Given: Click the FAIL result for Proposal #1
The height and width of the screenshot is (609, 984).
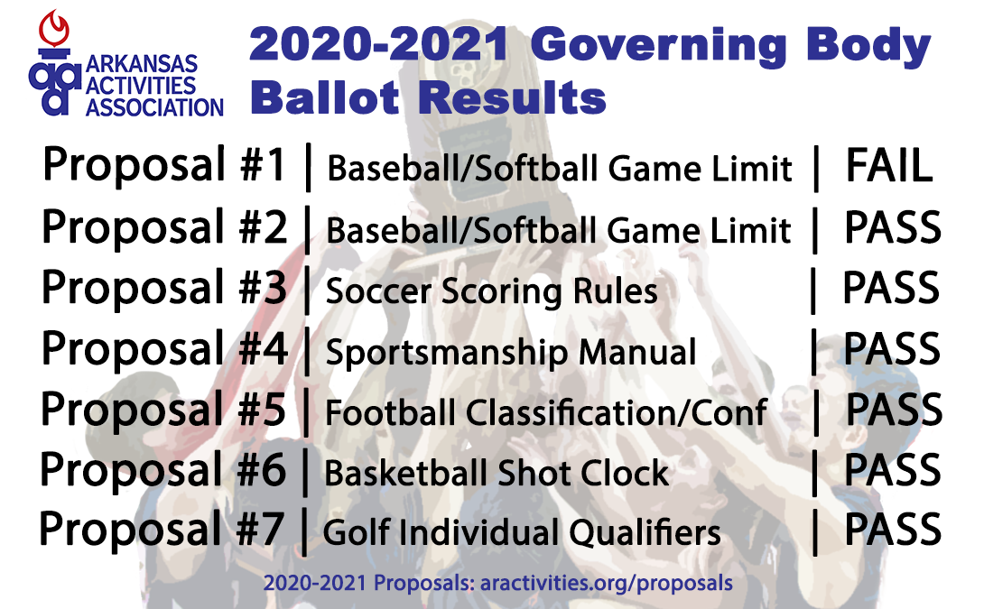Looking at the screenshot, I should point(888,168).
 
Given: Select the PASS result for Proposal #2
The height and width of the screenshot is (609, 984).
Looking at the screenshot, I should point(892,229).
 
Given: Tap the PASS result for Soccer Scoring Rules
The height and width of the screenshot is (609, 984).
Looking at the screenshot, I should point(891,290).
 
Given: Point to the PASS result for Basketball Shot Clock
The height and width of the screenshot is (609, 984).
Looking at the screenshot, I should point(892,471).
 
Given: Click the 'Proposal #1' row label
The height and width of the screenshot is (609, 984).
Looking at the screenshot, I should point(164,168).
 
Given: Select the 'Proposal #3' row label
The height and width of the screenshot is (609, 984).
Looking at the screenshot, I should point(164,290).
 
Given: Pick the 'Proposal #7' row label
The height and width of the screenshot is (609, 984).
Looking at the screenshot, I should point(162,531).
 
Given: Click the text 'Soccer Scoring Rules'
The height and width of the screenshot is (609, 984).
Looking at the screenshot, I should point(491,291).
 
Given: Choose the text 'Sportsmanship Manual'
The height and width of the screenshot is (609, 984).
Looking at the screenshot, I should point(511,353).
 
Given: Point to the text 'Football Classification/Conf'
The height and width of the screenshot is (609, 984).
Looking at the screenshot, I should point(545,413).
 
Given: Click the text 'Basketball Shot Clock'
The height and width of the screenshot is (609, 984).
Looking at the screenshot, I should point(497,474).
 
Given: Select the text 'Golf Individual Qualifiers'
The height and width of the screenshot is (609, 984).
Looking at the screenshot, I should point(522,533).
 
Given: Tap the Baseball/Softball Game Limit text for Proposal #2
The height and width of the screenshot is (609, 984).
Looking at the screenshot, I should point(559,231).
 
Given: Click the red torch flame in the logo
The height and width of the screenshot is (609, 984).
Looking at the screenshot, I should point(58,27).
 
